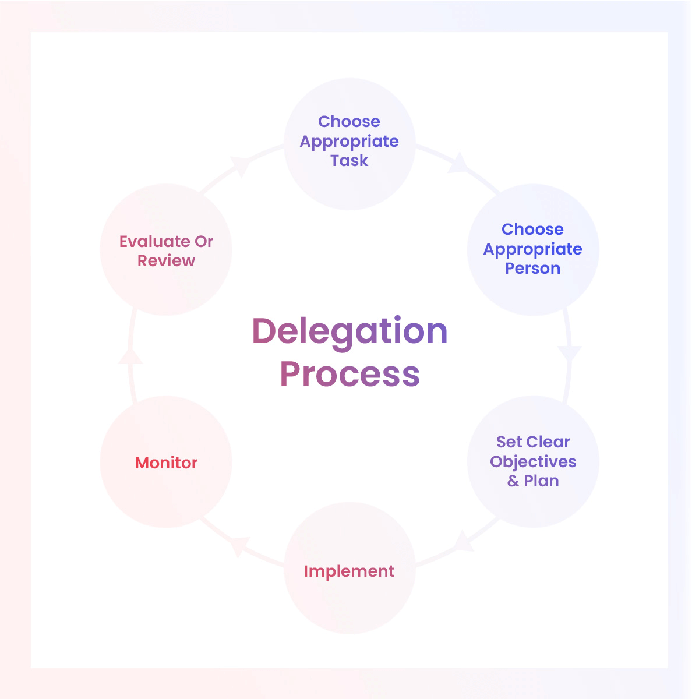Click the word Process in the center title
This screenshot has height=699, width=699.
coord(349,375)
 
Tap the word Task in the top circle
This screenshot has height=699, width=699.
coord(349,161)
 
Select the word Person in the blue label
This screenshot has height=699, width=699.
coord(532,269)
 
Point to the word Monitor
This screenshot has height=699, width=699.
coord(166,463)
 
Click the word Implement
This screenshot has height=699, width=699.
coord(349,571)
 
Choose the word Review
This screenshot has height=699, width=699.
coord(166,261)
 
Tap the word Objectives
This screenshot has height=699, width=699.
coord(533,463)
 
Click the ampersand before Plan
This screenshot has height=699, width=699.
coord(513,481)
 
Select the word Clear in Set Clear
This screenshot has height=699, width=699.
coord(548,442)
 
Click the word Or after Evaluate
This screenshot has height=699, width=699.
coord(204,242)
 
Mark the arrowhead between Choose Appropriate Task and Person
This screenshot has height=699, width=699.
coord(458,163)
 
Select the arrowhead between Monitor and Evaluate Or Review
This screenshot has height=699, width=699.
coord(130,356)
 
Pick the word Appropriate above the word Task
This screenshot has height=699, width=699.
coord(349,142)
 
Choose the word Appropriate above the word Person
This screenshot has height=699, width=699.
coord(532,249)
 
